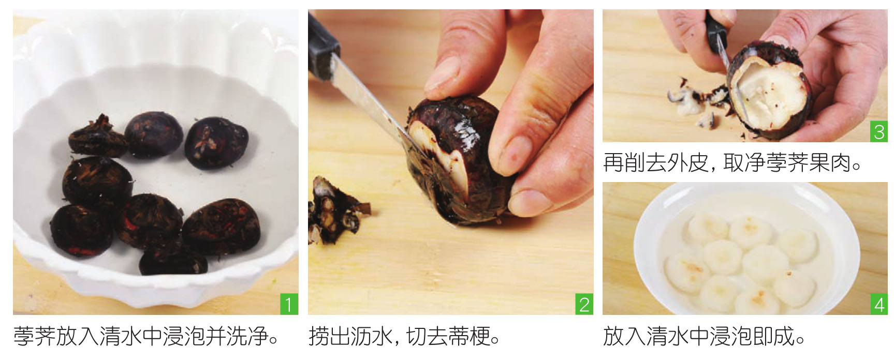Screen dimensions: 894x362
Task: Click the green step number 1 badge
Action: [x=289, y=305]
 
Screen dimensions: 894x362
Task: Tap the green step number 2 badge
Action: [x=584, y=305]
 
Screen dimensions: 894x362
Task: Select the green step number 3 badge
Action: [x=879, y=132]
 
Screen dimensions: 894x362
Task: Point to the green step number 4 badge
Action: [x=879, y=305]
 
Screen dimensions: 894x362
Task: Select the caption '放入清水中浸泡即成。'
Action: [x=705, y=337]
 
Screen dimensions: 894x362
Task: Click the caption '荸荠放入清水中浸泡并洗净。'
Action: [x=146, y=337]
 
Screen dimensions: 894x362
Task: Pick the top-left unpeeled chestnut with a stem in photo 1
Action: [x=97, y=135]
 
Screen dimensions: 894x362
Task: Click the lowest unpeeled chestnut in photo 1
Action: [x=172, y=258]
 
